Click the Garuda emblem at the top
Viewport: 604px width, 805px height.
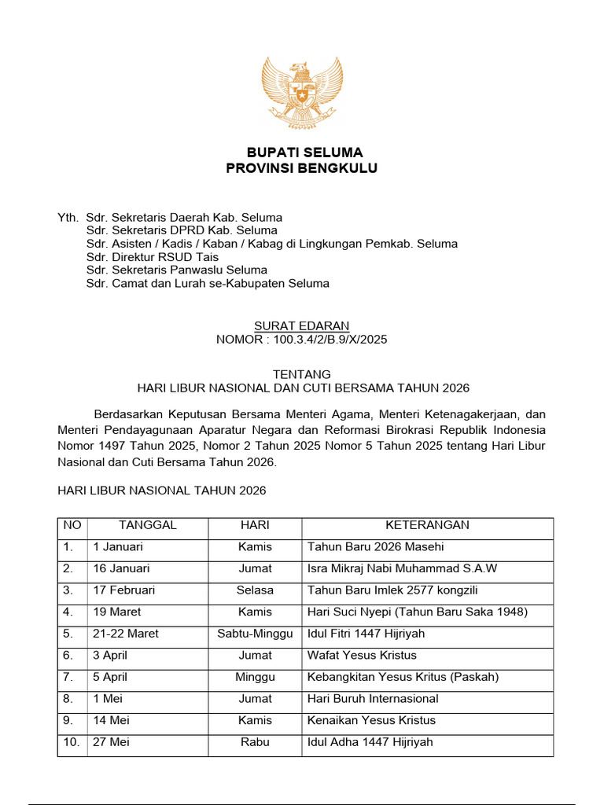(x=302, y=93)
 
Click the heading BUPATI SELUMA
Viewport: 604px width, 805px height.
(x=302, y=152)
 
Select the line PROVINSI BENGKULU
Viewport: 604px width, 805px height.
(x=302, y=168)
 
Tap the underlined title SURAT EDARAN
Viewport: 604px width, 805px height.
(x=302, y=325)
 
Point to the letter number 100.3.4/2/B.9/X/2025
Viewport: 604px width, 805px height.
(x=302, y=340)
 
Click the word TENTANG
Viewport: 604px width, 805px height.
(x=302, y=374)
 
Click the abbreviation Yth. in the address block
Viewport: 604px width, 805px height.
(x=68, y=217)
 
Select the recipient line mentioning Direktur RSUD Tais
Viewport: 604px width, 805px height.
(x=153, y=257)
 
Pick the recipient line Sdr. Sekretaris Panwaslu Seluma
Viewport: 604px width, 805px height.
(x=177, y=270)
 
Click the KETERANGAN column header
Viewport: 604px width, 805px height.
(x=427, y=525)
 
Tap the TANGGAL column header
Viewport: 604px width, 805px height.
(x=148, y=525)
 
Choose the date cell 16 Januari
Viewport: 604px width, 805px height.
(x=121, y=568)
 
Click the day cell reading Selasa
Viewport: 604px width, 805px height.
(x=255, y=590)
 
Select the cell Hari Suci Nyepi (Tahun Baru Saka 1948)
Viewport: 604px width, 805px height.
(x=417, y=612)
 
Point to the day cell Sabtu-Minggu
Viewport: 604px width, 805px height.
(x=255, y=634)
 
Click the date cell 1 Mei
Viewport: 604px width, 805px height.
(x=108, y=698)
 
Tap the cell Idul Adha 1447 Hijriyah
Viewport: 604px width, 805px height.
(x=370, y=741)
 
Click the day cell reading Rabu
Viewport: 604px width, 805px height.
(x=255, y=741)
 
